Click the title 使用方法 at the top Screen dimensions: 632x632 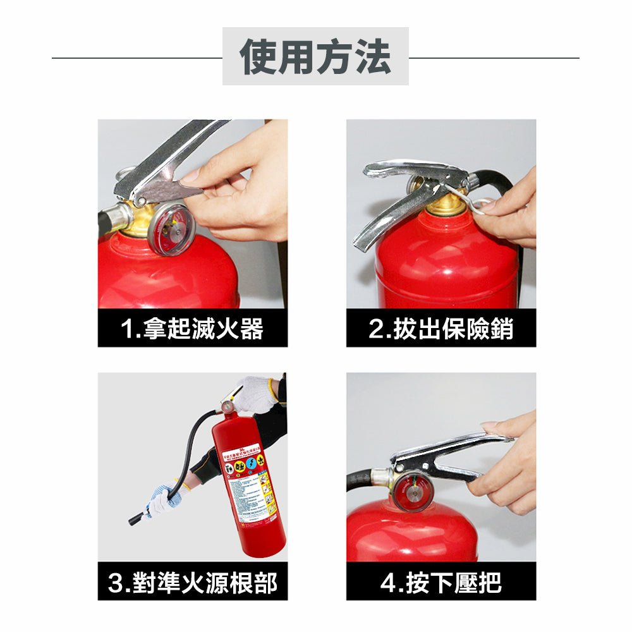tap(315, 57)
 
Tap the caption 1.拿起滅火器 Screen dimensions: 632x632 tap(192, 329)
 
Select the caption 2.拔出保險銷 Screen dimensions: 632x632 tap(441, 329)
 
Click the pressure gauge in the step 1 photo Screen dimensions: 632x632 tap(171, 229)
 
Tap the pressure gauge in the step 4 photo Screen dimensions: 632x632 tap(414, 489)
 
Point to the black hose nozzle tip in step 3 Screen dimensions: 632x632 tap(136, 520)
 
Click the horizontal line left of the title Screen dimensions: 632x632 tap(137, 58)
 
